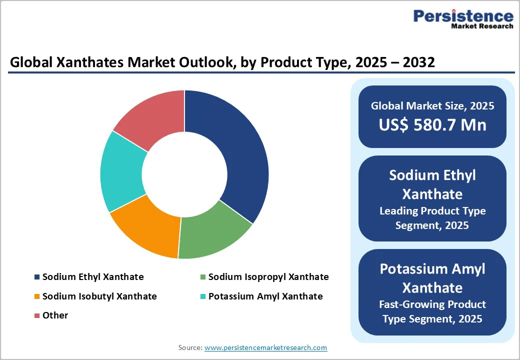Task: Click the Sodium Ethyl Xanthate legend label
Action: (x=93, y=277)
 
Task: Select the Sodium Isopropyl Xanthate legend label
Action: (x=268, y=277)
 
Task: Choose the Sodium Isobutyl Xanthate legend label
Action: (x=99, y=296)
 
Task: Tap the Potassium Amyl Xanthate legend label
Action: (x=265, y=296)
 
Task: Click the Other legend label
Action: (x=55, y=315)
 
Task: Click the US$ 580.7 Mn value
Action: (x=432, y=125)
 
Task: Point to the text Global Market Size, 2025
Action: (x=432, y=106)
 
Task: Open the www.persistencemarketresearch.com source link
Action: (x=265, y=347)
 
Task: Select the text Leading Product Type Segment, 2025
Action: (x=432, y=218)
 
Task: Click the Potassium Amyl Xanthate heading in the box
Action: (x=432, y=278)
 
